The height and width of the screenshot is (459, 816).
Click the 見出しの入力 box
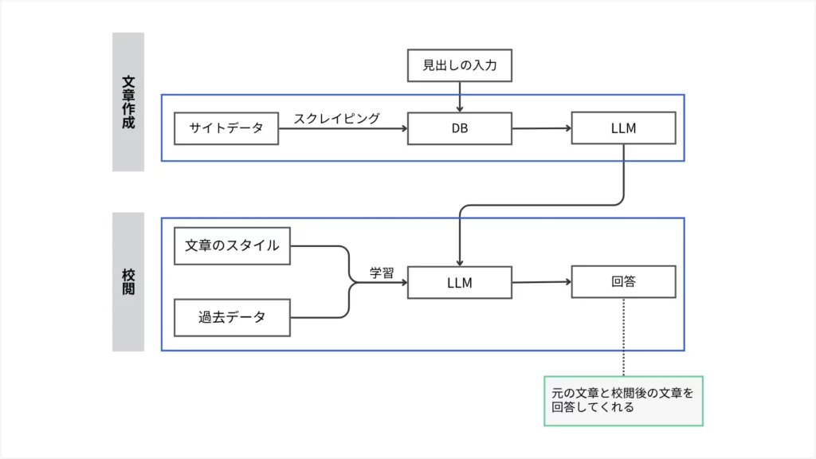point(459,65)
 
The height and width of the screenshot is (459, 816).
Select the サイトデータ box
point(226,128)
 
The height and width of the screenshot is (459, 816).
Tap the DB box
point(459,128)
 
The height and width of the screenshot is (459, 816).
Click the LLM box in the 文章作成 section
point(623,128)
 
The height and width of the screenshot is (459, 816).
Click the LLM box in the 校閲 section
point(459,282)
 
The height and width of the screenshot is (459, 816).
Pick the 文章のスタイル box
point(232,245)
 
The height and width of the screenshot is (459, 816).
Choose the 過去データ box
point(232,317)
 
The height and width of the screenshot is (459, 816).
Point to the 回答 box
point(623,281)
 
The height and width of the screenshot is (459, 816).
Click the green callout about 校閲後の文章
point(623,400)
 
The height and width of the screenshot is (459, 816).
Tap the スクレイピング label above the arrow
point(336,118)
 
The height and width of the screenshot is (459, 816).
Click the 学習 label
point(382,273)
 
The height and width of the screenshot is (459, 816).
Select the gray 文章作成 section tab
point(128,102)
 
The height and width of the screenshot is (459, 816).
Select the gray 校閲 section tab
point(128,281)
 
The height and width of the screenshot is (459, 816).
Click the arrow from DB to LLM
point(541,127)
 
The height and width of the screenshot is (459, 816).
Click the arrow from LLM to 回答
point(541,281)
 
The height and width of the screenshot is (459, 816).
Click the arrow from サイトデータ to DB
point(343,128)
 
